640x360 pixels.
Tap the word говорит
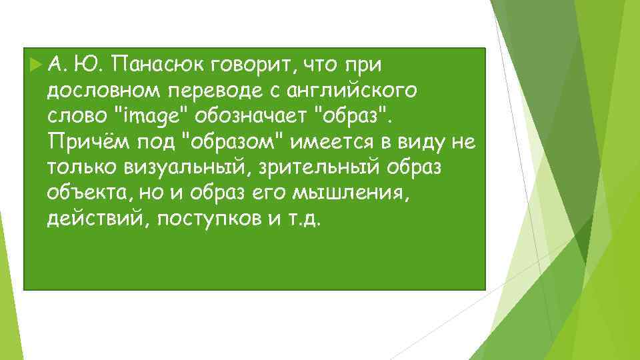[253, 65]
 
